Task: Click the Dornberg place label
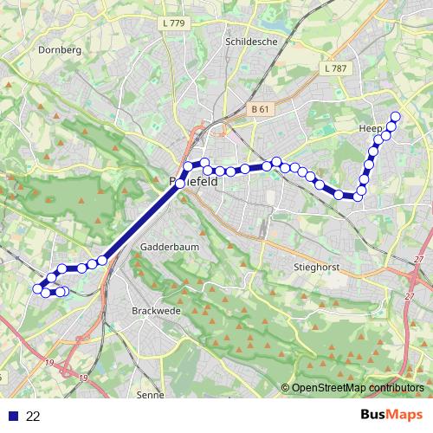[x=60, y=50]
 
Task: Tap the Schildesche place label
[x=249, y=41]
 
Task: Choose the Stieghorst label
[x=315, y=243]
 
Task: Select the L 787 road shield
[x=333, y=67]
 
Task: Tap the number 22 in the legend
[x=34, y=417]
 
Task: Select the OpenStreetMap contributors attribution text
[x=358, y=387]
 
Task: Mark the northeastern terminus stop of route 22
[x=397, y=117]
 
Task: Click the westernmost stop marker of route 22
[x=37, y=288]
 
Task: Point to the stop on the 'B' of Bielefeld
[x=181, y=183]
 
